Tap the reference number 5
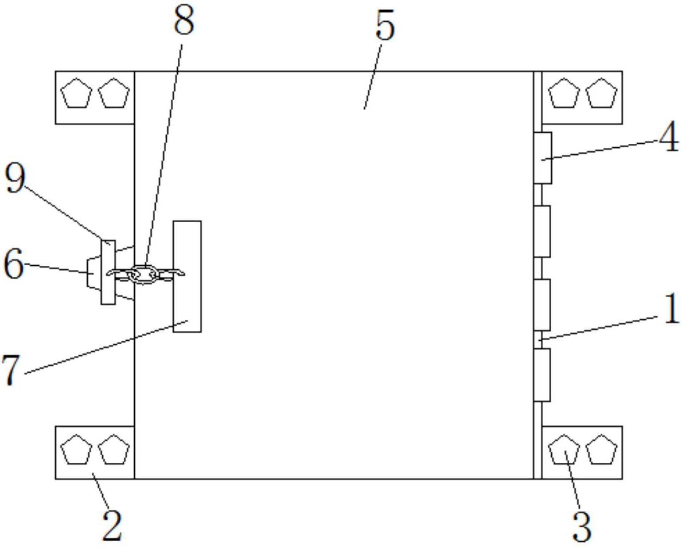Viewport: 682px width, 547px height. [386, 25]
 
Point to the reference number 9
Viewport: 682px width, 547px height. [15, 180]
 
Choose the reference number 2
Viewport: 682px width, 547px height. [112, 526]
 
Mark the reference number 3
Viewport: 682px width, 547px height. [582, 527]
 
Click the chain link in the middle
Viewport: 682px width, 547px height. [144, 275]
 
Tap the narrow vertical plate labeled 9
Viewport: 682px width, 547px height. [108, 272]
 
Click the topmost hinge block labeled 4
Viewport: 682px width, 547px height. [543, 157]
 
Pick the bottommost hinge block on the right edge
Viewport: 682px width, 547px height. [542, 375]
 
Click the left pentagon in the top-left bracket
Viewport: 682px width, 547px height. [76, 93]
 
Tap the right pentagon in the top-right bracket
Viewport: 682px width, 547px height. [601, 93]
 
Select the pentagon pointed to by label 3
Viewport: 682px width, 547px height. [564, 449]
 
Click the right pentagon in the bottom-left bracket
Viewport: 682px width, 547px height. [114, 449]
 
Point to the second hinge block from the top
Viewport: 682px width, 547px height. [542, 231]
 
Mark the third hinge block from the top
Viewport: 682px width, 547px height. [542, 305]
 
